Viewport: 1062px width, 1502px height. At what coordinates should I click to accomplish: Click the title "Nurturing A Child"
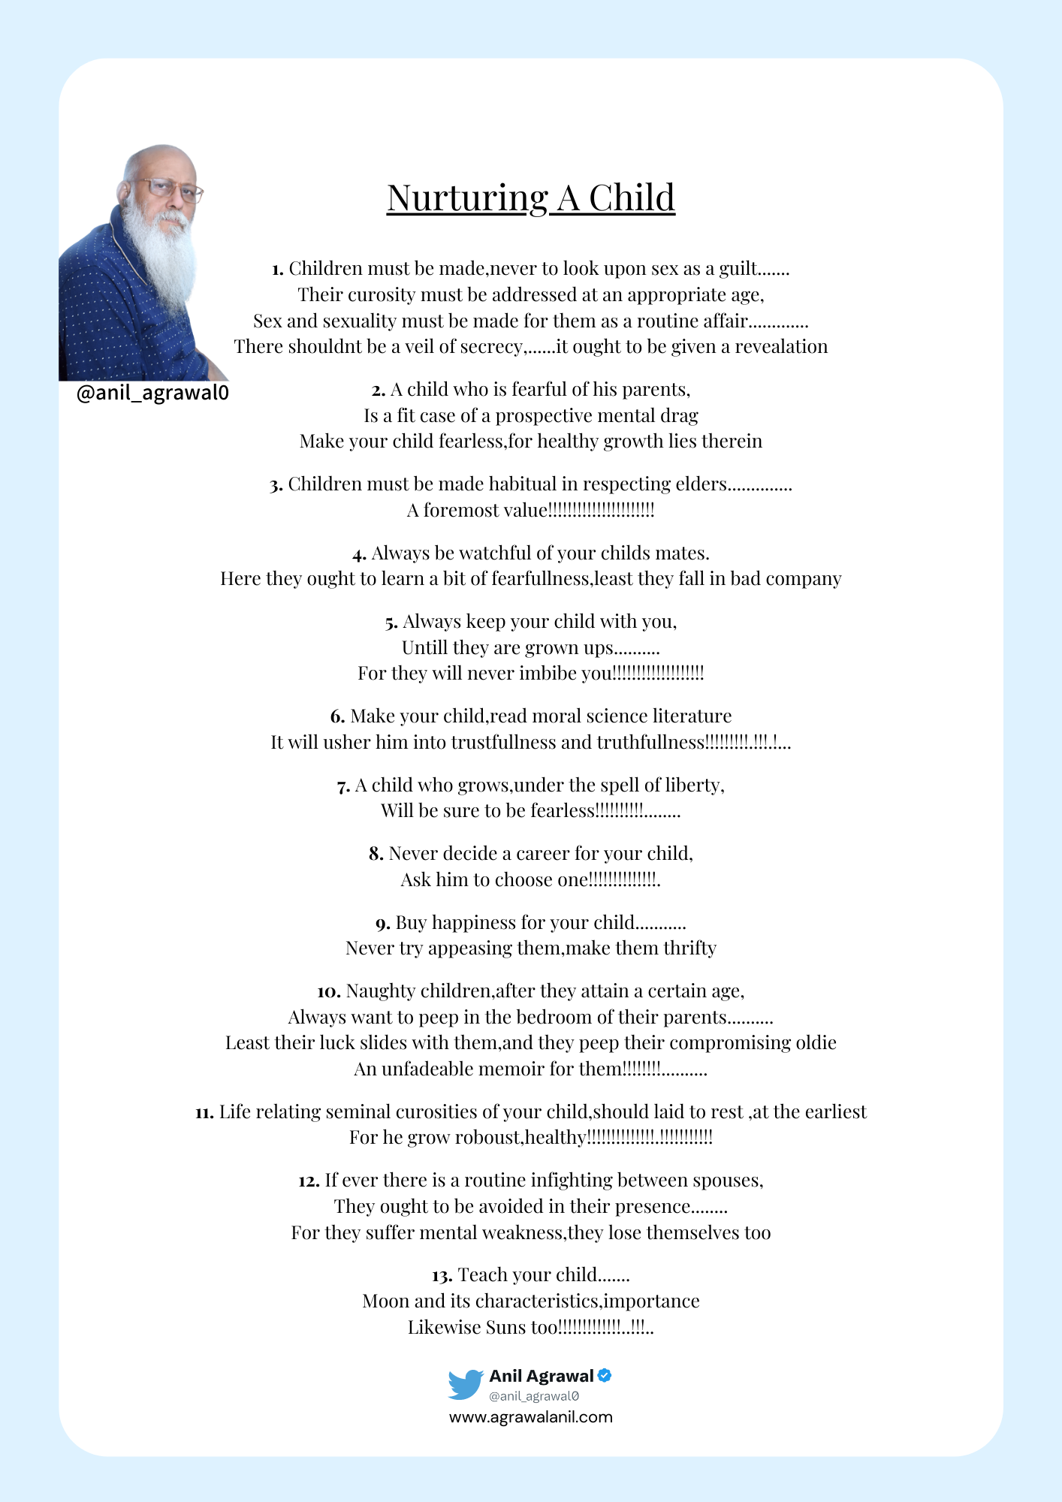coord(530,198)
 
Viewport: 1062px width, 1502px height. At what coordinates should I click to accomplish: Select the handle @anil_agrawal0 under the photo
coord(152,393)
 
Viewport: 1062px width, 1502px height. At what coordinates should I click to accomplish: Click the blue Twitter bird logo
coord(466,1384)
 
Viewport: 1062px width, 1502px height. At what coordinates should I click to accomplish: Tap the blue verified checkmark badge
coord(605,1375)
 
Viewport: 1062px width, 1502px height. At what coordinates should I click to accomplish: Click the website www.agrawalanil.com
coord(530,1417)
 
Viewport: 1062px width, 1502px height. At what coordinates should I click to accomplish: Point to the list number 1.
coord(276,270)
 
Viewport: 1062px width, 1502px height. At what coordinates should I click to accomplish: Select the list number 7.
coord(343,786)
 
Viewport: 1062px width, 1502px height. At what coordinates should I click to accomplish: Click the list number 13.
coord(441,1276)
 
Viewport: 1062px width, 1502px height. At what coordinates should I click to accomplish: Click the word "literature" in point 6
coord(692,716)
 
